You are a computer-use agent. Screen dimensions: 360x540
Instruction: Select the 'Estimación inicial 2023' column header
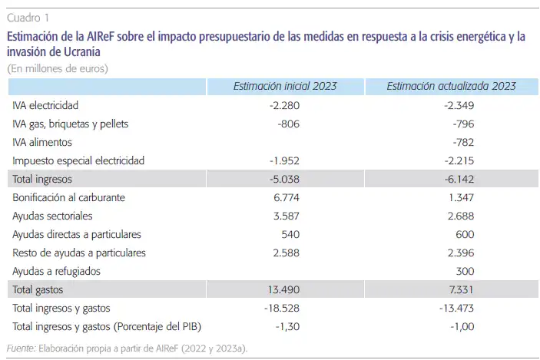(x=284, y=87)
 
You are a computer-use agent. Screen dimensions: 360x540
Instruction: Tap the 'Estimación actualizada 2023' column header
(x=451, y=87)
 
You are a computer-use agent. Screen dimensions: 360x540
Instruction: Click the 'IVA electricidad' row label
(x=45, y=105)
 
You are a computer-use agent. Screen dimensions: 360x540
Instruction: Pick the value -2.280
(x=284, y=105)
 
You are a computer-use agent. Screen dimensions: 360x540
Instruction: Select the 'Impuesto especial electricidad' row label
(x=78, y=160)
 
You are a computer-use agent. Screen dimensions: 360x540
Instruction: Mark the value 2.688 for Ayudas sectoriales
(x=460, y=216)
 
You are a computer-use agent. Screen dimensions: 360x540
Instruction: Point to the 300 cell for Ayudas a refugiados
(x=464, y=271)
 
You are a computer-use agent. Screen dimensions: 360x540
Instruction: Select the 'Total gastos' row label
(x=38, y=290)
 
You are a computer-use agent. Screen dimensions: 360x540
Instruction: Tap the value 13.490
(x=282, y=290)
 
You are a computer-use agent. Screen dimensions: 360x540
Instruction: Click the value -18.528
(x=281, y=309)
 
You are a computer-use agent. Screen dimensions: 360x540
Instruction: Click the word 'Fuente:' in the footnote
(x=20, y=348)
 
